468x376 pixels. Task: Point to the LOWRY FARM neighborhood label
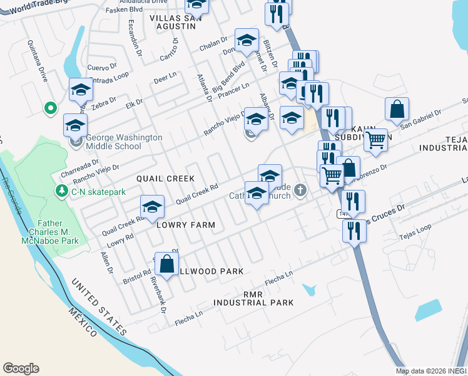(186, 224)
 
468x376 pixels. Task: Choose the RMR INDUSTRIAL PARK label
(253, 298)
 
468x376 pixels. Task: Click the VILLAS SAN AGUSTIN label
(173, 22)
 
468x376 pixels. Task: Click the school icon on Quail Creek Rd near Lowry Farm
(151, 206)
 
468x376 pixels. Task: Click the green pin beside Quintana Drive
(50, 108)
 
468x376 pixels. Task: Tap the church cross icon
(301, 191)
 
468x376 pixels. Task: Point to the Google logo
(21, 368)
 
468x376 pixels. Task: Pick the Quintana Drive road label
(37, 63)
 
